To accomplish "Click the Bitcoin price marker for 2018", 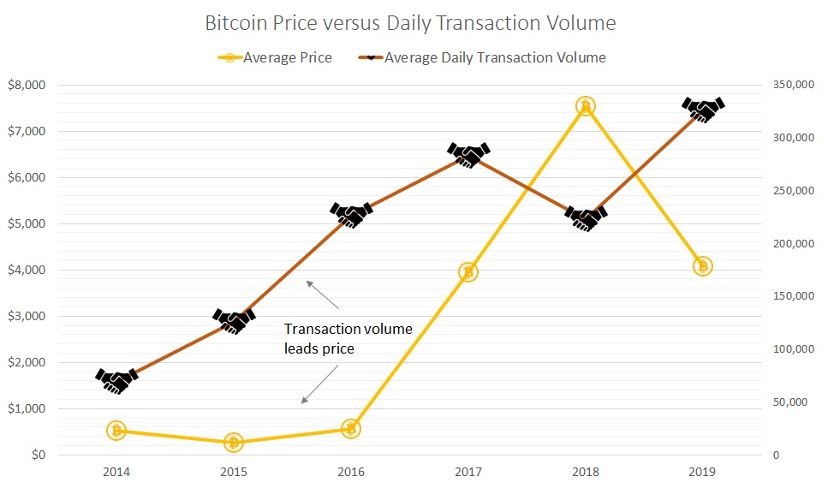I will [586, 106].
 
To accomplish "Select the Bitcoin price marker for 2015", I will [234, 442].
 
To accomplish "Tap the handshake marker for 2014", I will [116, 380].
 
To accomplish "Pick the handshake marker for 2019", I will [703, 109].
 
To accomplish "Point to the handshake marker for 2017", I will [468, 154].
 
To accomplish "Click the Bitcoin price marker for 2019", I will [703, 266].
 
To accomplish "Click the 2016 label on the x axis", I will [351, 472].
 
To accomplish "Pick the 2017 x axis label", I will [468, 472].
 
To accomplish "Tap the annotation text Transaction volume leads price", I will [348, 337].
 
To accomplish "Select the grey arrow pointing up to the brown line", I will [323, 294].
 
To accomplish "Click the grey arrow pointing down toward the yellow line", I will [318, 384].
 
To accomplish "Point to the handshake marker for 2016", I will [351, 214].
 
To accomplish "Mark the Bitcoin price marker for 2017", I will [468, 272].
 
